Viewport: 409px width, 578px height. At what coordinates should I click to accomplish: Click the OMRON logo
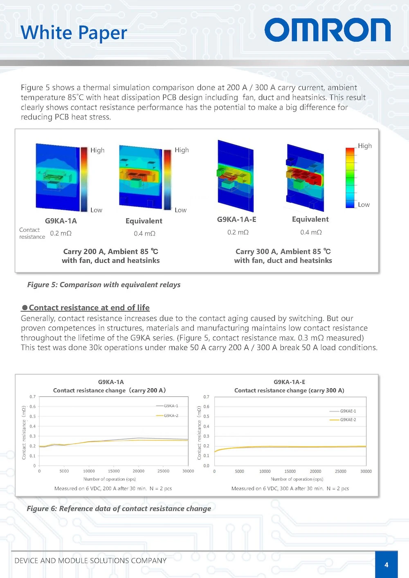(x=327, y=30)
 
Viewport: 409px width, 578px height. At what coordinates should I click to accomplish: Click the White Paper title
(x=74, y=33)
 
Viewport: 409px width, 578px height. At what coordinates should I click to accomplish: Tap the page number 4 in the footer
(x=386, y=565)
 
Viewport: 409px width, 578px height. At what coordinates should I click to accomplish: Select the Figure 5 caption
(x=104, y=285)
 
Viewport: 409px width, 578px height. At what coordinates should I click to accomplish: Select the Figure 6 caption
(x=119, y=509)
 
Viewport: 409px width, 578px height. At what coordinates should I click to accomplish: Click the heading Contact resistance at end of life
(x=89, y=307)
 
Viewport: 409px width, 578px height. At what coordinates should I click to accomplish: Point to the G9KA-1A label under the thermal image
(x=61, y=221)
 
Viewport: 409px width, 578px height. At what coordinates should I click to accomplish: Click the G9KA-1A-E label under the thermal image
(x=236, y=220)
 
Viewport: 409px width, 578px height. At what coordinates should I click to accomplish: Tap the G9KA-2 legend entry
(x=171, y=416)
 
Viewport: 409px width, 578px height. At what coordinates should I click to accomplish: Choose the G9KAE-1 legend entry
(x=348, y=411)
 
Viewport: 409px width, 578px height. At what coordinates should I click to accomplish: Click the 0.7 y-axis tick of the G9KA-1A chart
(x=33, y=397)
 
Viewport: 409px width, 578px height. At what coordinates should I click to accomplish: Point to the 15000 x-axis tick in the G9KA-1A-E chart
(x=290, y=471)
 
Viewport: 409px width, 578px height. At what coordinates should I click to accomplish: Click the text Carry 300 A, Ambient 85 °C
(x=283, y=251)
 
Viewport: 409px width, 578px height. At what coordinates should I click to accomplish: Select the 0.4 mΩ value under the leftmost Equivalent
(x=144, y=233)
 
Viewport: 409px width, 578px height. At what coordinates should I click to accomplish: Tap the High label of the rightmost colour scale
(x=365, y=146)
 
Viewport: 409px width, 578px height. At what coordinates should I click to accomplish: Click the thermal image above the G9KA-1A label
(x=58, y=177)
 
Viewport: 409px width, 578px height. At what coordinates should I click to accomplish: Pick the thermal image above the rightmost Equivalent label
(x=306, y=177)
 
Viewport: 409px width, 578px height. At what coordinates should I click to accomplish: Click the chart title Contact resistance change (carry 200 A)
(x=110, y=390)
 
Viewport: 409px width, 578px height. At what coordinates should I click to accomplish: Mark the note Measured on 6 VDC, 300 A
(x=290, y=488)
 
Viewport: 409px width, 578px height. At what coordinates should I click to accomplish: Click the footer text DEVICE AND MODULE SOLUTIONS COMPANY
(x=90, y=560)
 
